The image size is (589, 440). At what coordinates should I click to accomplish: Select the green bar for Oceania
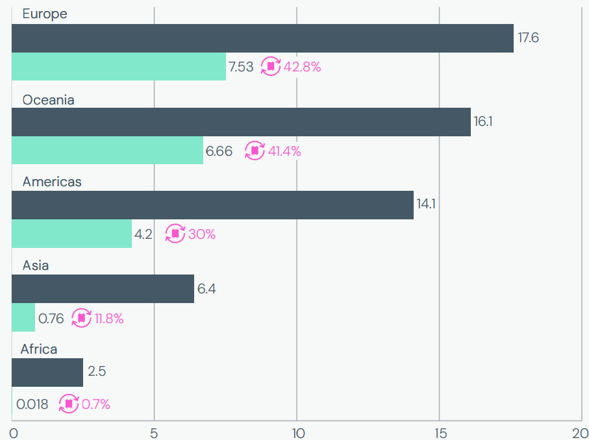pos(107,151)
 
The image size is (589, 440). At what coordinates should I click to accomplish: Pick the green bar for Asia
pos(23,317)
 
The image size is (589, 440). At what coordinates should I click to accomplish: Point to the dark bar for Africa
pos(47,372)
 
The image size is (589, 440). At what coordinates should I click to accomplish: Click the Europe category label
pos(44,14)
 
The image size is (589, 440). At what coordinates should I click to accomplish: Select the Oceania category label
pos(48,100)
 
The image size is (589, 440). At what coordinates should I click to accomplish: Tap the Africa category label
pos(38,349)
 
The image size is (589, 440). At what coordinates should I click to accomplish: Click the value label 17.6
pos(528,38)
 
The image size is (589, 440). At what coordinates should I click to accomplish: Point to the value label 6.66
pos(219,151)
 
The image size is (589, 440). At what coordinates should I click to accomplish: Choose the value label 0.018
pos(32,404)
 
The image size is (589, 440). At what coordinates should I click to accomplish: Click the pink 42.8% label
pos(302,66)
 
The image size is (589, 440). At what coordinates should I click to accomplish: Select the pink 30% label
pos(201,234)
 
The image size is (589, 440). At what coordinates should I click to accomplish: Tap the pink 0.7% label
pos(95,404)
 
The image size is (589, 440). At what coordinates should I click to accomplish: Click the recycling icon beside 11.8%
pos(82,318)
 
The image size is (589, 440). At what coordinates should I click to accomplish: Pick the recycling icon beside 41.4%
pos(255,151)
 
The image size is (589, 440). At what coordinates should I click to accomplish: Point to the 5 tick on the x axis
pos(154,432)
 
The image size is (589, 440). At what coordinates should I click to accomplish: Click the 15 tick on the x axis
pos(439,432)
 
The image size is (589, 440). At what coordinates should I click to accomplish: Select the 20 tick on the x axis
pos(580,432)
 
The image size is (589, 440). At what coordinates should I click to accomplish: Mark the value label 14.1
pos(426,204)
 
